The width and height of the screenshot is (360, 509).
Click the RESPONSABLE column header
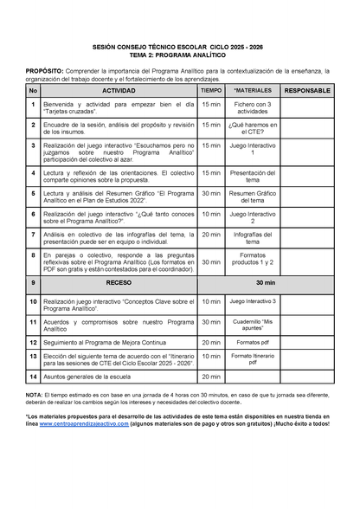307,90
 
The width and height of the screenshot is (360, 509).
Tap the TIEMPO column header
211,90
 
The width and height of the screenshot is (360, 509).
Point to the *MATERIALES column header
254,90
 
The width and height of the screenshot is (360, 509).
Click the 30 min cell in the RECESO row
266,283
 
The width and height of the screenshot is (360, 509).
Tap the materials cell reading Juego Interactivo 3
254,301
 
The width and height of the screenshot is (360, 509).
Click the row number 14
33,377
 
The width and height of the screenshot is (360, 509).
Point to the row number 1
33,106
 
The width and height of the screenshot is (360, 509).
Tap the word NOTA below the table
35,395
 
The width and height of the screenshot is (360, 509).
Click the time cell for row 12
211,342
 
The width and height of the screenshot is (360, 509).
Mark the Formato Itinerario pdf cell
254,358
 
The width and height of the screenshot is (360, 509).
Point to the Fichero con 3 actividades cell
254,106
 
